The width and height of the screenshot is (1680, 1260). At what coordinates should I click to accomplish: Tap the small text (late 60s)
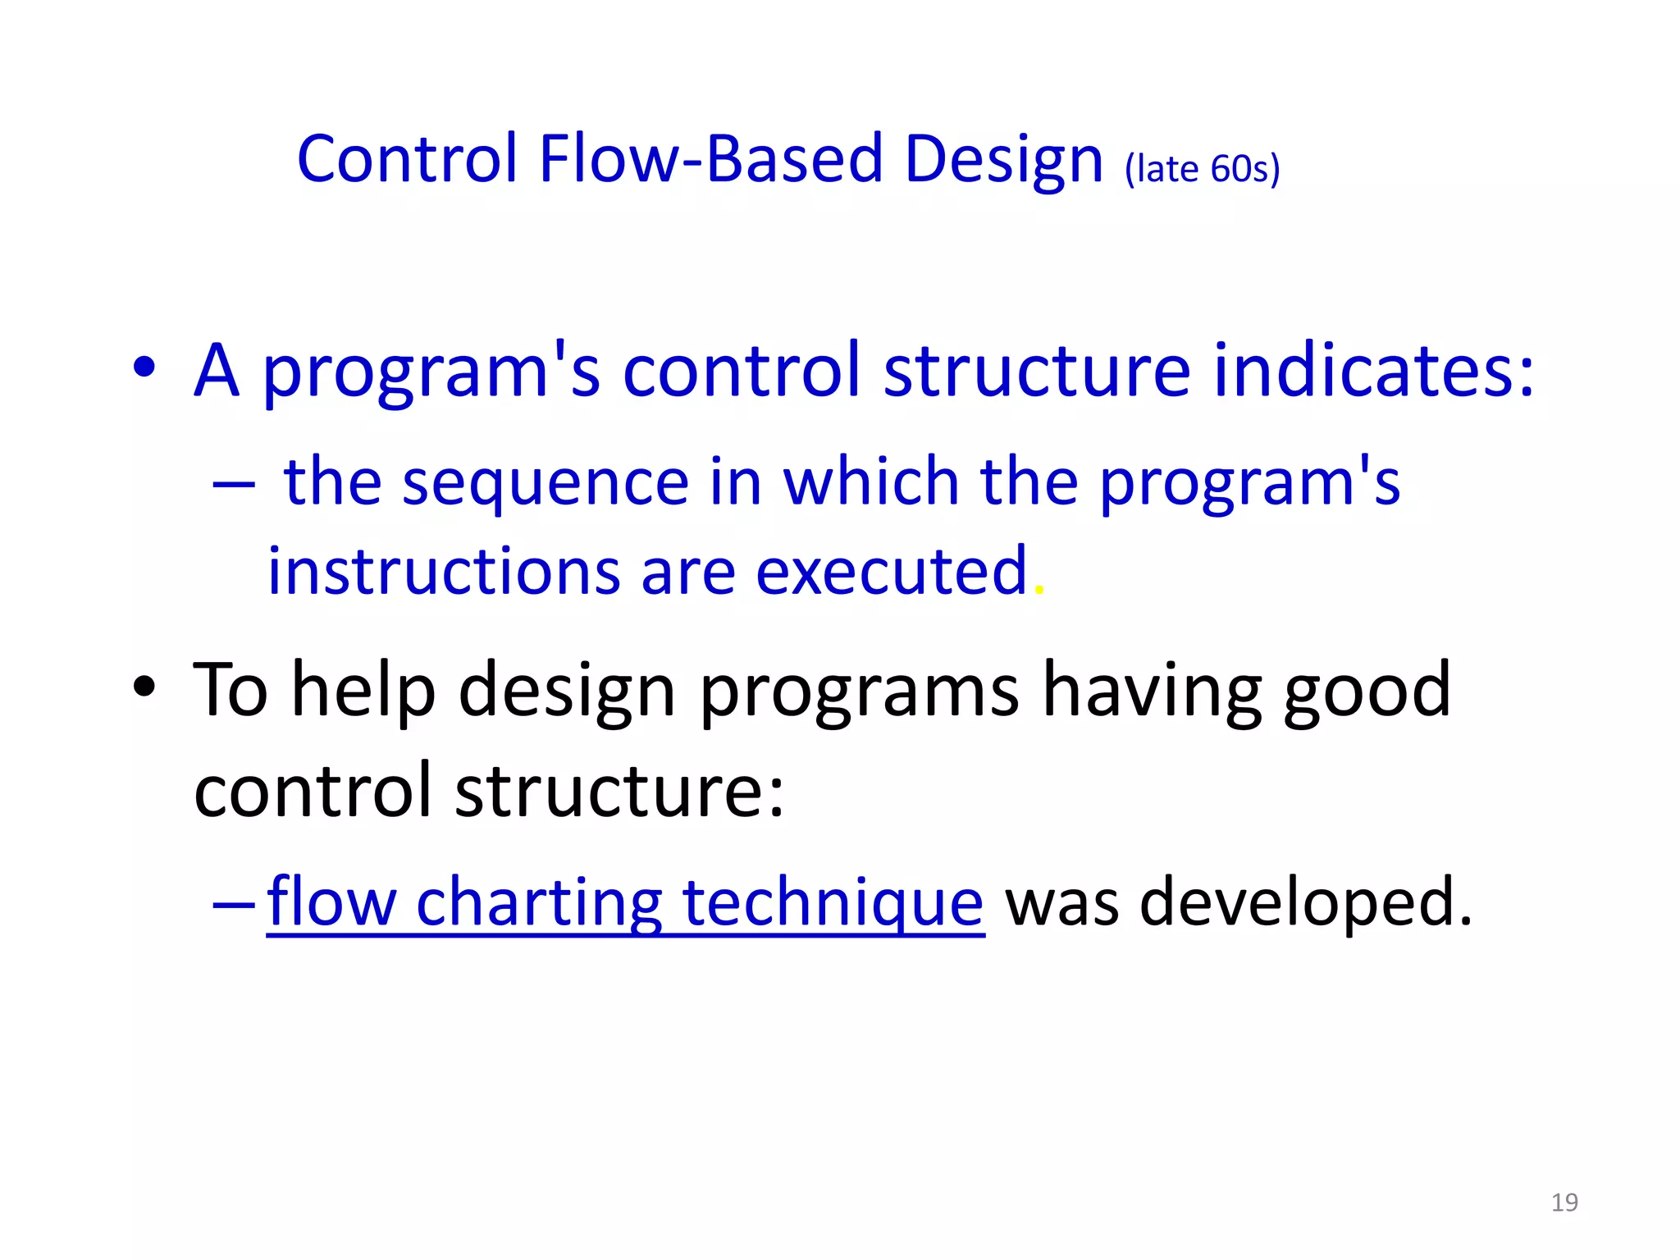(1202, 169)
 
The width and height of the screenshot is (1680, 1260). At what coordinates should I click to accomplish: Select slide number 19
(1564, 1203)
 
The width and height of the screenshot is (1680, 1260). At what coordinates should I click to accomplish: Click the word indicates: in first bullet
(1373, 371)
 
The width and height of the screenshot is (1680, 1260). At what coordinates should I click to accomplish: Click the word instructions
(444, 571)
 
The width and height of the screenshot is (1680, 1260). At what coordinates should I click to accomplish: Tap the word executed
(891, 571)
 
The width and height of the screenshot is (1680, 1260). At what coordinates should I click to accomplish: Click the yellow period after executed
(1039, 591)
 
